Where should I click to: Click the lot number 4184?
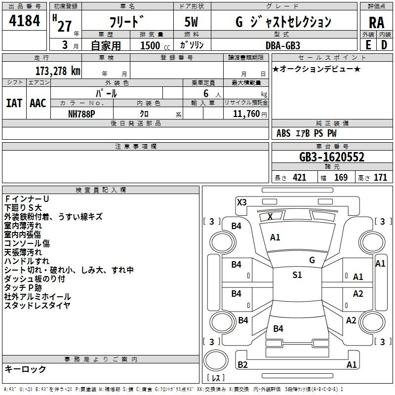pos(24,21)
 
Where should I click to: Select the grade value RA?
pos(376,23)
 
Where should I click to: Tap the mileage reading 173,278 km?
pos(58,71)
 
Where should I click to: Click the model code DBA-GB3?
pos(283,45)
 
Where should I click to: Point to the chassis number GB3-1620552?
pos(332,157)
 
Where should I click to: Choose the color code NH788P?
pos(81,114)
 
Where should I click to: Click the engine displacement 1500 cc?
pos(155,45)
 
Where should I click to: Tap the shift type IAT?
pos(14,103)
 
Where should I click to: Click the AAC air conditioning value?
pos(38,103)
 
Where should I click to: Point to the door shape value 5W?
pos(191,22)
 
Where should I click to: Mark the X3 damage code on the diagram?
pos(241,202)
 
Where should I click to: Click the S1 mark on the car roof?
pos(297,275)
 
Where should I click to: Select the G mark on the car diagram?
pos(312,260)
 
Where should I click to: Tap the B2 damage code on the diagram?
pos(242,364)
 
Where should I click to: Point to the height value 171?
pos(380,178)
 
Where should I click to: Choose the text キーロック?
pos(25,369)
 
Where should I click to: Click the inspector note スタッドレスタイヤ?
pos(38,306)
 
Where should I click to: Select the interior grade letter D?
pos(384,45)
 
